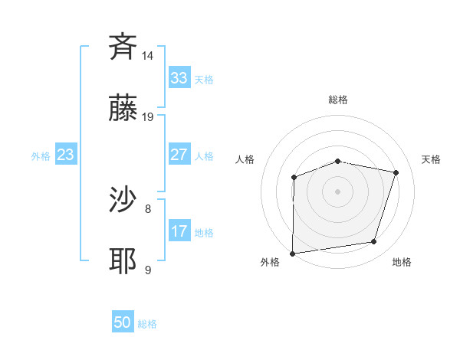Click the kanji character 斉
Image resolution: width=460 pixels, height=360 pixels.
(x=123, y=47)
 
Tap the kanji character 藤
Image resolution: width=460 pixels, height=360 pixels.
(x=123, y=110)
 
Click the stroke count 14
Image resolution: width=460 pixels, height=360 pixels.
(x=148, y=56)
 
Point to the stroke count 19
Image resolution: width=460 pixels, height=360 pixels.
(x=148, y=117)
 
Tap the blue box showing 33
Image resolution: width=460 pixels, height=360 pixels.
(x=179, y=78)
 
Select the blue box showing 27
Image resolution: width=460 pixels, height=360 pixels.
(x=179, y=155)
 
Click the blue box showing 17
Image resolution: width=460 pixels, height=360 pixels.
(x=179, y=231)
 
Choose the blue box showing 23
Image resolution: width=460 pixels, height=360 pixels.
(x=65, y=155)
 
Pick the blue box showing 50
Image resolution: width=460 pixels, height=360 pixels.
(x=123, y=322)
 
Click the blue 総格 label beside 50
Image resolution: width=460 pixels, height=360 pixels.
(x=147, y=324)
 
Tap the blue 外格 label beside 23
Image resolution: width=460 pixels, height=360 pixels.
(x=41, y=156)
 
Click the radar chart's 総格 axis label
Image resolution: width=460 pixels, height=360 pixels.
(x=337, y=100)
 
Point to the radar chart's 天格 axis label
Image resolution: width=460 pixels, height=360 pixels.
(x=431, y=159)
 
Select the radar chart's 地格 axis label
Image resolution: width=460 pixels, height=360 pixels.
(x=402, y=263)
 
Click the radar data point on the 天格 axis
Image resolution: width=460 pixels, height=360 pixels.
(x=396, y=172)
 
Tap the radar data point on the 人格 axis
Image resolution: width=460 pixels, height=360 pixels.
(x=294, y=178)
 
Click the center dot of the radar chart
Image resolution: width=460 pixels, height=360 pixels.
(x=337, y=191)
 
